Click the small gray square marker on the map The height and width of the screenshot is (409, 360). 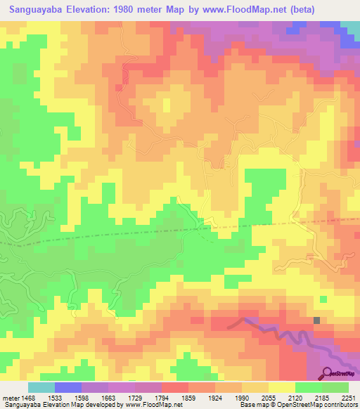316,320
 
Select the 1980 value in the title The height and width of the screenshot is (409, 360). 131,10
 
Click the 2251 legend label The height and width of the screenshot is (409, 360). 350,398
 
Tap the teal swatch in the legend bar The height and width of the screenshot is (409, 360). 41,387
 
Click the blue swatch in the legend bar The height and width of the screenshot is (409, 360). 68,387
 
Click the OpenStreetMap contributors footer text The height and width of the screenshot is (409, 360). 327,405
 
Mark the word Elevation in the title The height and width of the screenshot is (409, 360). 91,10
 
